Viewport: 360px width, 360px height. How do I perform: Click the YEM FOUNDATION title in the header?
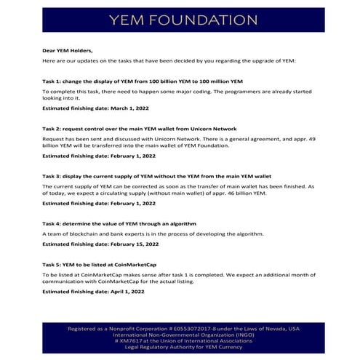click(182, 20)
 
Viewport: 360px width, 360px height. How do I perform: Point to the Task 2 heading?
click(139, 128)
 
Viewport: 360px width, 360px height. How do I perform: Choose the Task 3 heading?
click(156, 176)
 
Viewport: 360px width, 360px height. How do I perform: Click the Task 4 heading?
click(119, 224)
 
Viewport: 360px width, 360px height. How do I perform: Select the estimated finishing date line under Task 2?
click(98, 155)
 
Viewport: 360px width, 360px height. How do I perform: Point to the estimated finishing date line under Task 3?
click(98, 204)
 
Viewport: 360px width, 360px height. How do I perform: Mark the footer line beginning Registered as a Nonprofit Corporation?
click(183, 329)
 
